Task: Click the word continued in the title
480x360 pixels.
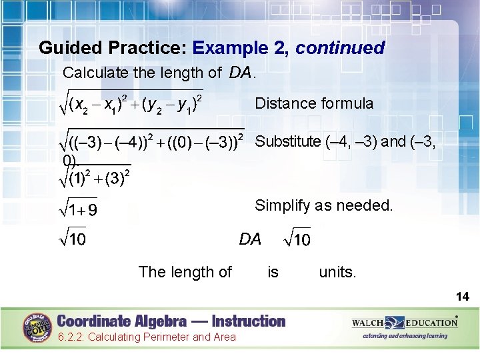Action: click(x=340, y=48)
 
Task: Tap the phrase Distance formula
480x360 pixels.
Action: click(x=314, y=103)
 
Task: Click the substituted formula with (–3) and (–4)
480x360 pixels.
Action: click(x=153, y=142)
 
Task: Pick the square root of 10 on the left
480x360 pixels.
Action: click(x=73, y=239)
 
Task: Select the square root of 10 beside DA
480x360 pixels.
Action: click(x=297, y=239)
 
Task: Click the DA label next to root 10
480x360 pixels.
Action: click(x=250, y=239)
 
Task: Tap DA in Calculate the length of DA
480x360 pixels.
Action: click(x=241, y=72)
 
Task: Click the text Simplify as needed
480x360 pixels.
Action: click(x=324, y=205)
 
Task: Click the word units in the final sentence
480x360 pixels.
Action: click(x=337, y=272)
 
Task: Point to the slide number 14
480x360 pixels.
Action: click(x=462, y=297)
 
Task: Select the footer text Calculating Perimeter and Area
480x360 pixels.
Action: click(x=146, y=337)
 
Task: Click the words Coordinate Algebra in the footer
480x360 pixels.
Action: click(x=120, y=321)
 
